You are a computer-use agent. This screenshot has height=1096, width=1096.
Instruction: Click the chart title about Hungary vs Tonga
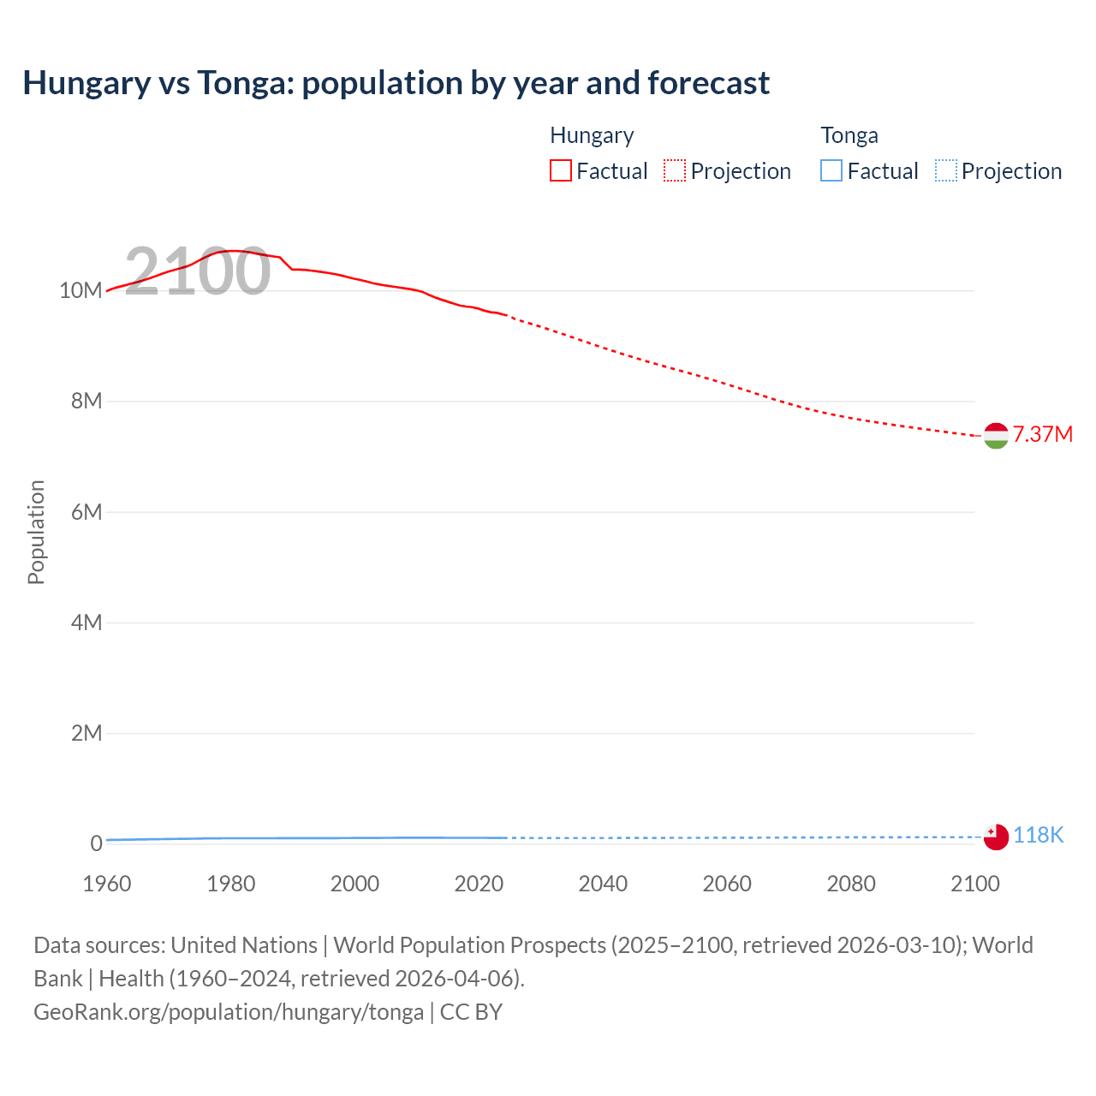[396, 83]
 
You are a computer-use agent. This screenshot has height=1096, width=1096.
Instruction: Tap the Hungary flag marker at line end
[996, 436]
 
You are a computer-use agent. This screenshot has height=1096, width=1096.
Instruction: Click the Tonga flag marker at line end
[996, 837]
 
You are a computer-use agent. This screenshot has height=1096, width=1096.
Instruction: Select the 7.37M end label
[1042, 434]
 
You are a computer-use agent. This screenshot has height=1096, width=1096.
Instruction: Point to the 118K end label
[1038, 835]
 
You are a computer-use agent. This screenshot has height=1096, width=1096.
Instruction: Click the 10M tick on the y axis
[80, 290]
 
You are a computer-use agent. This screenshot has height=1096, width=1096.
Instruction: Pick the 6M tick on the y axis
[86, 512]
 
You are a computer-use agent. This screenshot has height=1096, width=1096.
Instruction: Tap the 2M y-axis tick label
[86, 733]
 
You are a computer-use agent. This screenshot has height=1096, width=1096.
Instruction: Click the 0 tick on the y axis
[96, 843]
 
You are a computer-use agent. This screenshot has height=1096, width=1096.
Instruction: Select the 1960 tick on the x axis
[107, 884]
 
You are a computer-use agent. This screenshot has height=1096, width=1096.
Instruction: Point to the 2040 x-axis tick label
[603, 884]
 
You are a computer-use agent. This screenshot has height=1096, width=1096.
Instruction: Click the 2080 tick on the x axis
[851, 884]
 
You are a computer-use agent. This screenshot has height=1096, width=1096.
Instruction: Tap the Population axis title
[36, 532]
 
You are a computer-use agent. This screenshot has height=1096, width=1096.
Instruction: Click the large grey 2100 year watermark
[198, 271]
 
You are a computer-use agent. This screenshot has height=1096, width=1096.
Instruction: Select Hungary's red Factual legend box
[561, 170]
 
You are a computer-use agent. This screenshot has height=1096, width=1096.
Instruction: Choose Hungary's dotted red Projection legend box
[675, 170]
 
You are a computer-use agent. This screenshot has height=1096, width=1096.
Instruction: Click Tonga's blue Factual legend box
[831, 170]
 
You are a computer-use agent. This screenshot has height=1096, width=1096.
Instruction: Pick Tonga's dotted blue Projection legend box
[946, 170]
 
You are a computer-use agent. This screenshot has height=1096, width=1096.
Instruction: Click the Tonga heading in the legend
[849, 135]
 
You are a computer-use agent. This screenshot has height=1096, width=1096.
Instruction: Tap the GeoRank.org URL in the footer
[229, 1011]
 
